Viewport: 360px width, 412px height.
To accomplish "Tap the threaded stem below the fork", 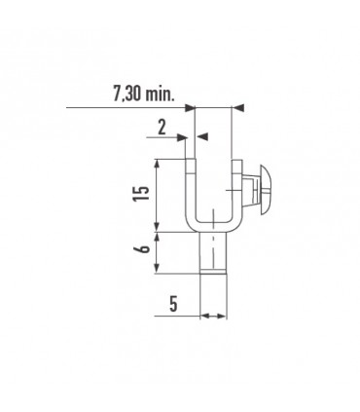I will (x=212, y=256).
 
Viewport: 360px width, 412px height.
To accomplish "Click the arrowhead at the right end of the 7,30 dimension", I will (x=238, y=107).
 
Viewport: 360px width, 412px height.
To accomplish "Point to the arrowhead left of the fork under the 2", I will (x=184, y=137).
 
